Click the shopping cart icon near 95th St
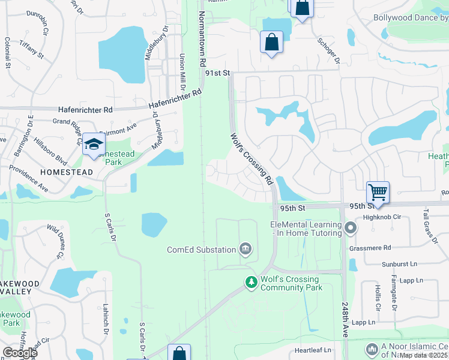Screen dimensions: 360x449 pyautogui.click(x=378, y=193)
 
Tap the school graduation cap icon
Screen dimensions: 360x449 pyautogui.click(x=94, y=144)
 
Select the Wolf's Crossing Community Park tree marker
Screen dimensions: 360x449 pyautogui.click(x=251, y=281)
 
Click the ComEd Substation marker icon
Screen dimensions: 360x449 pyautogui.click(x=245, y=248)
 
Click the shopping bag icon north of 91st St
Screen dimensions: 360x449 pyautogui.click(x=272, y=42)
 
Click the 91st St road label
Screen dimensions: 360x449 pyautogui.click(x=217, y=73)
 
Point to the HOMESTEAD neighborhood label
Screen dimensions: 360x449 pyautogui.click(x=66, y=172)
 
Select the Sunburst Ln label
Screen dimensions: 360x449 pyautogui.click(x=399, y=264)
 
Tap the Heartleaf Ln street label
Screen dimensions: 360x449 pyautogui.click(x=312, y=350)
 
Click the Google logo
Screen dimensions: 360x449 pyautogui.click(x=20, y=353)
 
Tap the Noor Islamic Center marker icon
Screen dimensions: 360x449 pyautogui.click(x=372, y=348)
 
